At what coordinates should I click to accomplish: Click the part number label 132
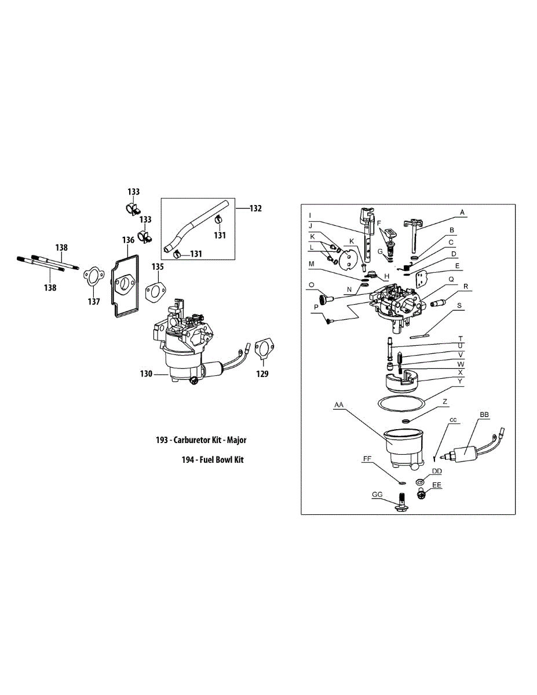click(x=255, y=209)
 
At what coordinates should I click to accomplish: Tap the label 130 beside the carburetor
click(x=146, y=374)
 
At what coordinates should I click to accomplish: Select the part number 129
click(x=262, y=374)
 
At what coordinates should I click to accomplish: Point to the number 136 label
click(x=128, y=240)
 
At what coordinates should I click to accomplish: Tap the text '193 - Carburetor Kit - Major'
click(x=201, y=440)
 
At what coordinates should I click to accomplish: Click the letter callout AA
click(x=339, y=406)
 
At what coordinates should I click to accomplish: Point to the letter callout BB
click(x=484, y=415)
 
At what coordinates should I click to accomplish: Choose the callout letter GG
click(x=377, y=495)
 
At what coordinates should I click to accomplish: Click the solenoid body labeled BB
click(x=471, y=452)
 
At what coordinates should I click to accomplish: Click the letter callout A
click(x=462, y=213)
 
